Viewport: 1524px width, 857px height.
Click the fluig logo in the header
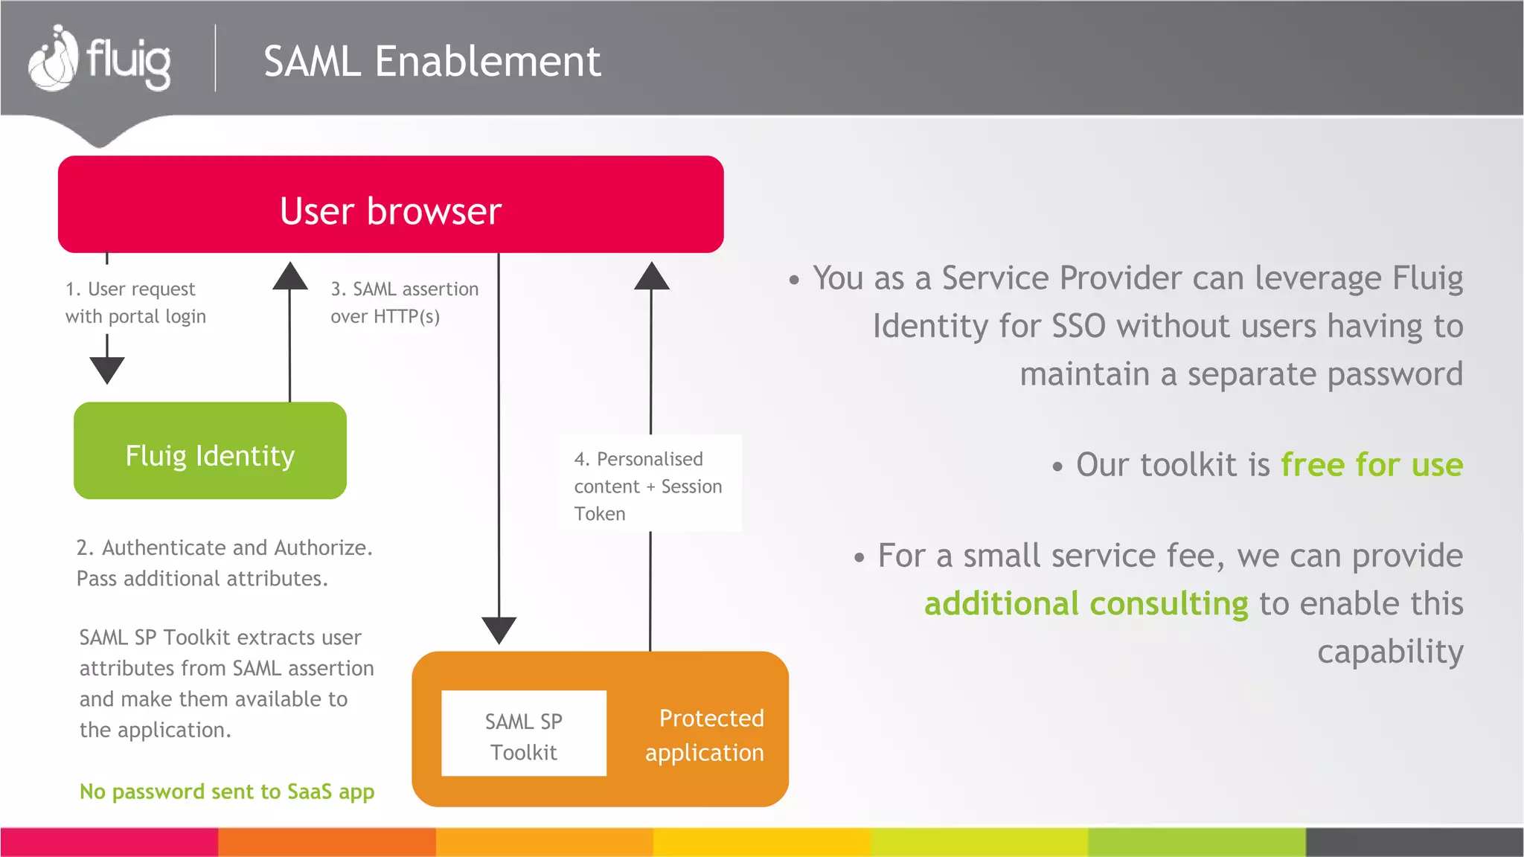coord(99,60)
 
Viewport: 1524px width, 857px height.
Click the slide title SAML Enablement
coord(432,61)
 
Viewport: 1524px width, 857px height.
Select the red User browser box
coord(391,205)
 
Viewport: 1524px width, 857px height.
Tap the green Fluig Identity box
coord(210,452)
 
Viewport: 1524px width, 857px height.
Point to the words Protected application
coord(705,735)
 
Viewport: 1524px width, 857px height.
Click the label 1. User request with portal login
coord(135,302)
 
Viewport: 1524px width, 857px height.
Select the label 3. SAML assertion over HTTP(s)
coord(404,302)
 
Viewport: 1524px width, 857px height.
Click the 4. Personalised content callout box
coord(650,484)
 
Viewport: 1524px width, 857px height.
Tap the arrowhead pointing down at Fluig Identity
coord(107,369)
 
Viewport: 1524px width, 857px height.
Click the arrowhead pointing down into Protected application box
coord(499,629)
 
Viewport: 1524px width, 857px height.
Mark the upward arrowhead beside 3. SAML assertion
coord(290,276)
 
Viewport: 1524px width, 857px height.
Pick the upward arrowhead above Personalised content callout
coord(651,276)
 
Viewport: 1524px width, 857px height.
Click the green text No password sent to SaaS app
coord(227,792)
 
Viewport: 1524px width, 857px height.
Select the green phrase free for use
coord(1371,465)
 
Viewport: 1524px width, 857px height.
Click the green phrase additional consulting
coord(1086,603)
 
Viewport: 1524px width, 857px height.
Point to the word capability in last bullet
coord(1389,652)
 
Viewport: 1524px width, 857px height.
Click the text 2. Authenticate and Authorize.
coord(224,548)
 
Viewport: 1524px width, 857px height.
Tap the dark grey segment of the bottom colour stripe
coord(1414,842)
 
